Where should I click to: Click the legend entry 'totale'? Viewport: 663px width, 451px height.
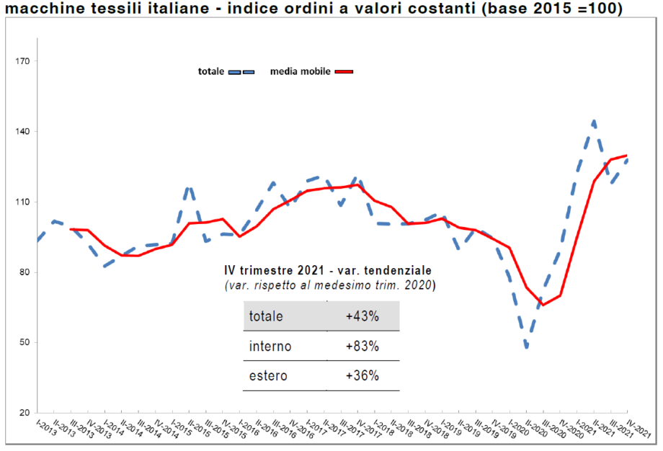[x=212, y=71]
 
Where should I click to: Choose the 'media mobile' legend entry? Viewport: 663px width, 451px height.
[x=301, y=71]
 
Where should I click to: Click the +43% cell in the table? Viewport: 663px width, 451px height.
[x=362, y=316]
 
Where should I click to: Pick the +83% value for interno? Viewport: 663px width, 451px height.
[x=362, y=347]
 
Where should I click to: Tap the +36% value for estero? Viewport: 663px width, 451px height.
[x=362, y=376]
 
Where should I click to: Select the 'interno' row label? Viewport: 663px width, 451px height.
[x=270, y=347]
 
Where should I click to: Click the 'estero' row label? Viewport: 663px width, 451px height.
[x=268, y=376]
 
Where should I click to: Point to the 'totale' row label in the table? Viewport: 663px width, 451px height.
[x=266, y=316]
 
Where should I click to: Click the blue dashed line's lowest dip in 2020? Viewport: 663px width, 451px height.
[x=528, y=349]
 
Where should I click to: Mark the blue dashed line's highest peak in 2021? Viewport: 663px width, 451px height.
[x=594, y=121]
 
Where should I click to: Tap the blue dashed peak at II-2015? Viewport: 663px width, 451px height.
[x=189, y=187]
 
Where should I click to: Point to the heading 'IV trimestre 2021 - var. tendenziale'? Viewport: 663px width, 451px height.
[x=328, y=270]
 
